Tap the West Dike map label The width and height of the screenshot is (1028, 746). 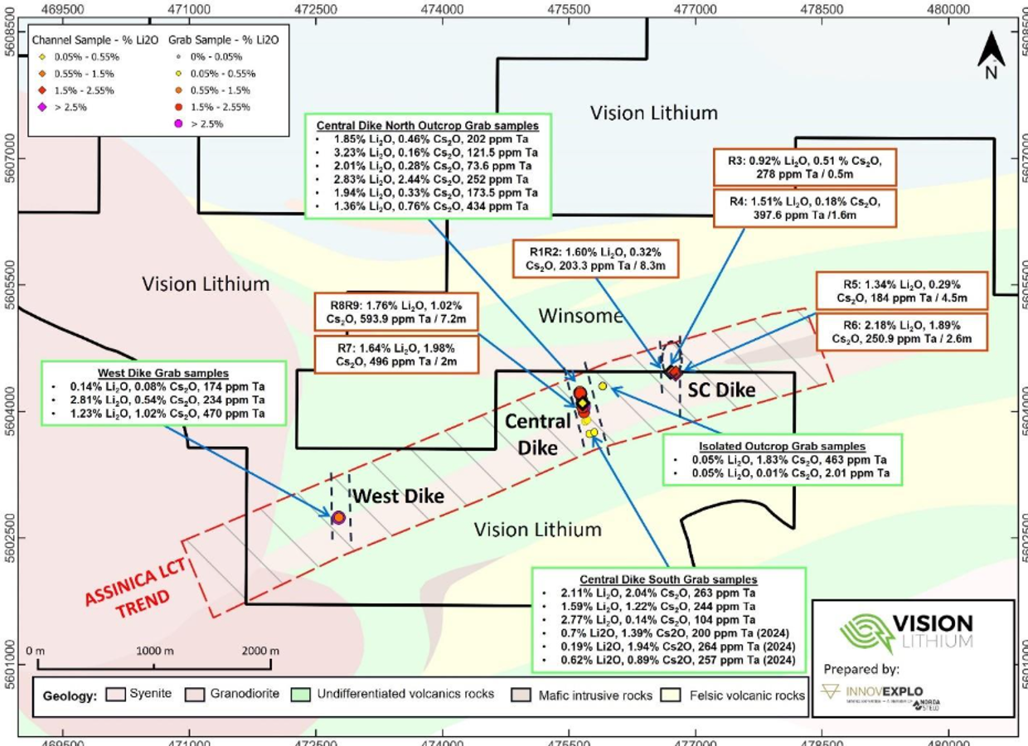pos(399,497)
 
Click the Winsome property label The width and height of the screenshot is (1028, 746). pos(580,316)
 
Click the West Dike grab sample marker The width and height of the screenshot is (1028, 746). pos(338,517)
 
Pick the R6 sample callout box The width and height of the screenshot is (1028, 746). pos(904,331)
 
